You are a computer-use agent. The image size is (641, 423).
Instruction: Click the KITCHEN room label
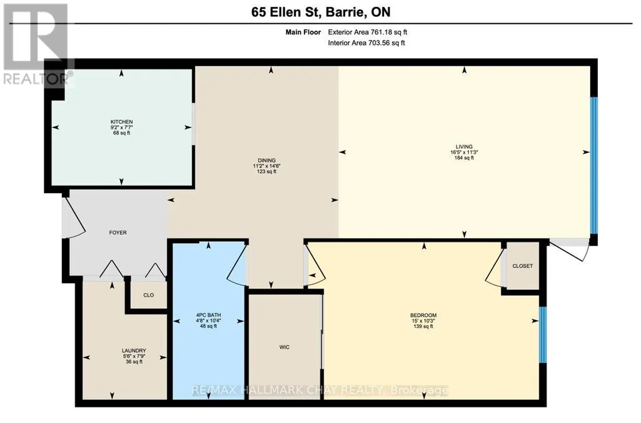[121, 122]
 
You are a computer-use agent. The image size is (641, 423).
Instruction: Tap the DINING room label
[266, 161]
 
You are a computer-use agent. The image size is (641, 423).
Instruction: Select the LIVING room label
[464, 147]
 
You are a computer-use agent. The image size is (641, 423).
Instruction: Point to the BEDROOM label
[423, 315]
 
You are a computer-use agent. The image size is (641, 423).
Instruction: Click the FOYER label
[118, 232]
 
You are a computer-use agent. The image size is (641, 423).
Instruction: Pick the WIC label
[285, 347]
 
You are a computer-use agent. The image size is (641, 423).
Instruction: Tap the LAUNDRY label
[134, 351]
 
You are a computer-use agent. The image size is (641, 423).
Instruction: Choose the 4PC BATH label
[208, 315]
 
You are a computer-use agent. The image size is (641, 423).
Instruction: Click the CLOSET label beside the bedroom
[522, 266]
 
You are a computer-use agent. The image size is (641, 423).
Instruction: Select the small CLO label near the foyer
[148, 295]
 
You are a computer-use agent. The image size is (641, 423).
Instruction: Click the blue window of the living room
[594, 166]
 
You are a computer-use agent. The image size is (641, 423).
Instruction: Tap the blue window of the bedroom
[542, 334]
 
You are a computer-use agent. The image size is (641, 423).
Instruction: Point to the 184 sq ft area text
[464, 157]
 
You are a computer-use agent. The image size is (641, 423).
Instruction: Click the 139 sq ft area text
[423, 326]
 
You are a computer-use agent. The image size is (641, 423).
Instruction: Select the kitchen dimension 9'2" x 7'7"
[121, 127]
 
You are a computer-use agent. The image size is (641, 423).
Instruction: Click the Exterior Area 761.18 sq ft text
[368, 32]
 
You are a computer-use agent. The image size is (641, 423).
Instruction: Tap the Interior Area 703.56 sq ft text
[366, 42]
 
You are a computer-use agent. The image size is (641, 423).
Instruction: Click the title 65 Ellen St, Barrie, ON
[320, 12]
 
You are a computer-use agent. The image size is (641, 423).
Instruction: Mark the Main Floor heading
[303, 32]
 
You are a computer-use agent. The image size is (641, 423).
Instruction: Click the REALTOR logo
[37, 44]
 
